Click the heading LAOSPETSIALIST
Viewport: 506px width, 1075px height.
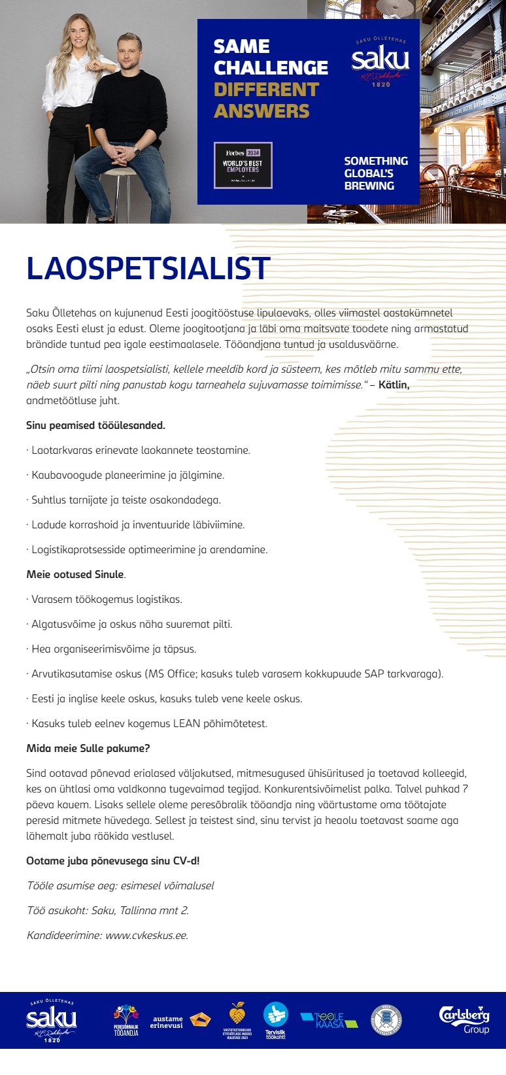[148, 269]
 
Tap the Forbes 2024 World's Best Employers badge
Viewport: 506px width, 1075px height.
[243, 165]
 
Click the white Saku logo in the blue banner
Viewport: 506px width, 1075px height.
[380, 61]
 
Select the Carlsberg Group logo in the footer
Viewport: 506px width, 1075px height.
[464, 1019]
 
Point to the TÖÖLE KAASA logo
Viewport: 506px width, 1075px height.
[329, 1020]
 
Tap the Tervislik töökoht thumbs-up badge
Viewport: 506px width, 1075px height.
[275, 1019]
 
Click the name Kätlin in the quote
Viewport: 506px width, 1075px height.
[394, 384]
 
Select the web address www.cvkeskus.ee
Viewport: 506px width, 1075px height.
[146, 935]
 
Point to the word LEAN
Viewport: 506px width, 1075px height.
[186, 723]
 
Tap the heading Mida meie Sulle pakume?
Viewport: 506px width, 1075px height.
[88, 748]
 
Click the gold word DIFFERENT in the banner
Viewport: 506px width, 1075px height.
[266, 90]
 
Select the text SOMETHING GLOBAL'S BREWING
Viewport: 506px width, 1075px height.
[375, 173]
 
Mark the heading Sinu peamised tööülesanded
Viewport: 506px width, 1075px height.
[95, 425]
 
